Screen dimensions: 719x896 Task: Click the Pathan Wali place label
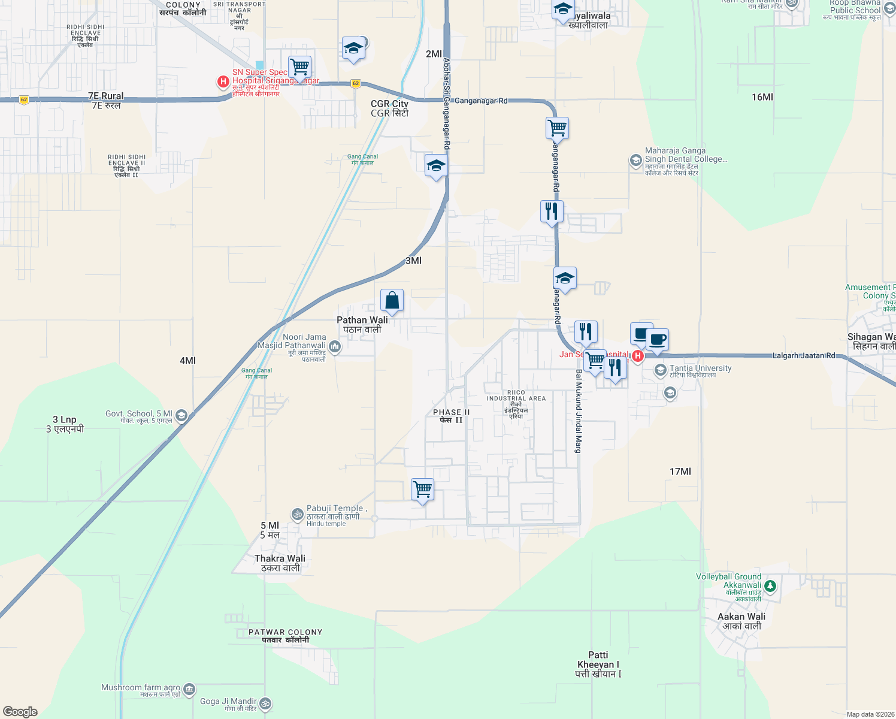tap(362, 324)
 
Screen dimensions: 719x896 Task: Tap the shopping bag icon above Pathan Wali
tap(392, 301)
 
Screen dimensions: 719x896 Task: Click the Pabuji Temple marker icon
tap(297, 514)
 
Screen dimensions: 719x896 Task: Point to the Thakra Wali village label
tap(280, 563)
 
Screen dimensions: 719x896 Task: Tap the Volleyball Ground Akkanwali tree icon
tap(771, 585)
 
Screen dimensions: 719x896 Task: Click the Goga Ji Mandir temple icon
tap(265, 703)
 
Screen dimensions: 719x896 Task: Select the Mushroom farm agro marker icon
tap(189, 690)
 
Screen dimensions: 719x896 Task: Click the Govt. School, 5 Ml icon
tap(181, 415)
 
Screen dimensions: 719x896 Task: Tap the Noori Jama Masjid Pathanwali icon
tap(335, 346)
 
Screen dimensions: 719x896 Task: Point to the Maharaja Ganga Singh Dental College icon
tap(635, 160)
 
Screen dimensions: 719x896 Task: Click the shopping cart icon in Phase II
tap(423, 490)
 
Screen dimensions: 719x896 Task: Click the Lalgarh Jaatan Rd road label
tap(804, 356)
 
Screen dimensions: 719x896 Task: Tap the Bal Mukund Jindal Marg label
tap(579, 411)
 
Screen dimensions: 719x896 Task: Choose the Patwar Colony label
tap(285, 636)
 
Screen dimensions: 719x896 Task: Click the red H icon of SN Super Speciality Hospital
tap(223, 81)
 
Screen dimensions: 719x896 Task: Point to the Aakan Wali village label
tap(741, 621)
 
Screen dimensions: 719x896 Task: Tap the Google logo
tap(20, 712)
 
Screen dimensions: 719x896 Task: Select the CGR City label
tap(389, 108)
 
